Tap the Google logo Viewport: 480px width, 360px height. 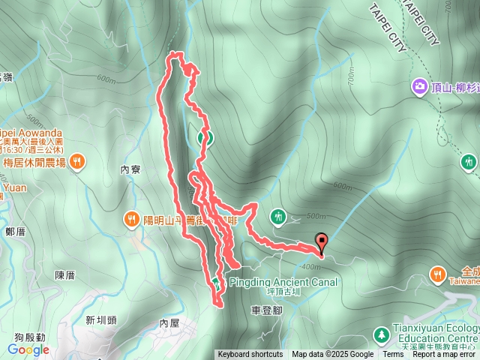pos(28,349)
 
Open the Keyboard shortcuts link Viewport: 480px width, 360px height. pos(250,355)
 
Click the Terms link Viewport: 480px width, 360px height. pos(392,355)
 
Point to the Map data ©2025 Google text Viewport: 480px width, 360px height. pos(332,355)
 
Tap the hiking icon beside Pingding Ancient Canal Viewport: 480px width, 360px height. pos(216,282)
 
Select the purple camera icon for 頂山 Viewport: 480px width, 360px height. pos(419,88)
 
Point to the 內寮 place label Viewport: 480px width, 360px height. pos(130,170)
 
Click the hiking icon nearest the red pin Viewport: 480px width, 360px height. pos(279,217)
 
